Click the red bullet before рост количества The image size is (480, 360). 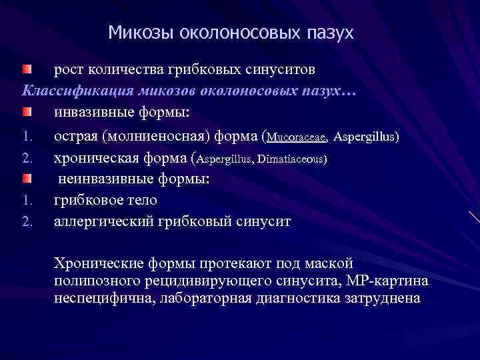26,69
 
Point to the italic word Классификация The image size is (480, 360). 72,91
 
